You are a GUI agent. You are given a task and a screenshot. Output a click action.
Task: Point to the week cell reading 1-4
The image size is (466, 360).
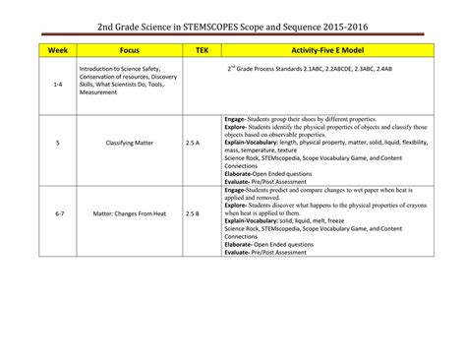[x=57, y=86]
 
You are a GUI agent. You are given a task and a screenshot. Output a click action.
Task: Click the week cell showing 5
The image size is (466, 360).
[x=57, y=144]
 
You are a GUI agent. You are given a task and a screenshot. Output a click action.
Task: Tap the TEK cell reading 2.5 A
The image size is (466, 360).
[x=193, y=144]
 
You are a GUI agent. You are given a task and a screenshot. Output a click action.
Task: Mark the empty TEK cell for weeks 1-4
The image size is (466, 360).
[x=201, y=86]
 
